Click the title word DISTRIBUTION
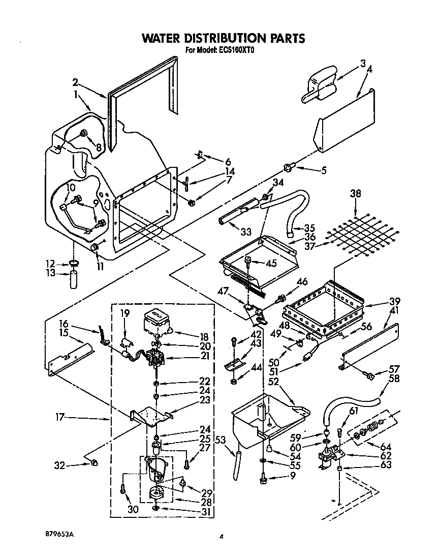pyautogui.click(x=224, y=38)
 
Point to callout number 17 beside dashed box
pyautogui.click(x=60, y=418)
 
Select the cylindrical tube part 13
pyautogui.click(x=75, y=280)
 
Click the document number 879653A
pyautogui.click(x=59, y=535)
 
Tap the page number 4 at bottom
pyautogui.click(x=222, y=536)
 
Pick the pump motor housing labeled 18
pyautogui.click(x=156, y=322)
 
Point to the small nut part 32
pyautogui.click(x=94, y=462)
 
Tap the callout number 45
pyautogui.click(x=272, y=263)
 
